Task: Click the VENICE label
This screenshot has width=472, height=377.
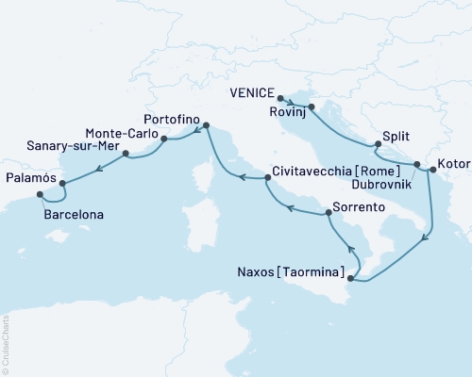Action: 253,93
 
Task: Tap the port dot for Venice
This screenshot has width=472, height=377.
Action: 280,97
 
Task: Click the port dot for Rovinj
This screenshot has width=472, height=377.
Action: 311,107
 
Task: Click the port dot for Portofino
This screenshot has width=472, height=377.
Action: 206,123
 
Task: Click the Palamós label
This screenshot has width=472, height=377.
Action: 31,176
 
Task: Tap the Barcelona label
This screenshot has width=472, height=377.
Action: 74,215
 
